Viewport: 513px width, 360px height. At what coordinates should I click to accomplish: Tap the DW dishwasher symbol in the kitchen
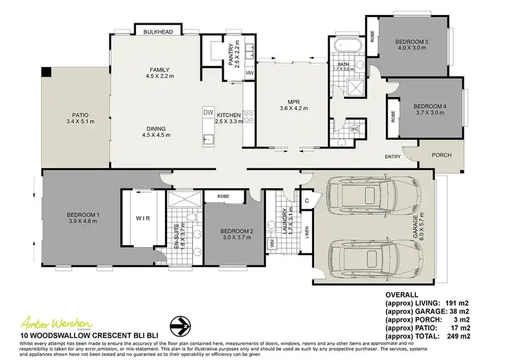[x=209, y=112]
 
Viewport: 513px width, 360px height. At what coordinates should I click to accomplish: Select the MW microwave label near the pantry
[x=250, y=72]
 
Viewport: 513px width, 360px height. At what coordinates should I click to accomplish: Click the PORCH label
[x=442, y=155]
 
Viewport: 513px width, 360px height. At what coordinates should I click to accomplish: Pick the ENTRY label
[x=393, y=157]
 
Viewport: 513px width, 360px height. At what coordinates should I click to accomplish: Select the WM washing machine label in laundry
[x=272, y=242]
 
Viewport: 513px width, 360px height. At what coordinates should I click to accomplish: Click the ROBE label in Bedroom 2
[x=222, y=196]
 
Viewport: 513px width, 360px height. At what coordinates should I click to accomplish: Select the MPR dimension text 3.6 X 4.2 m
[x=293, y=108]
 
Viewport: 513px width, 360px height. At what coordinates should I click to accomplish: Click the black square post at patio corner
[x=46, y=71]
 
